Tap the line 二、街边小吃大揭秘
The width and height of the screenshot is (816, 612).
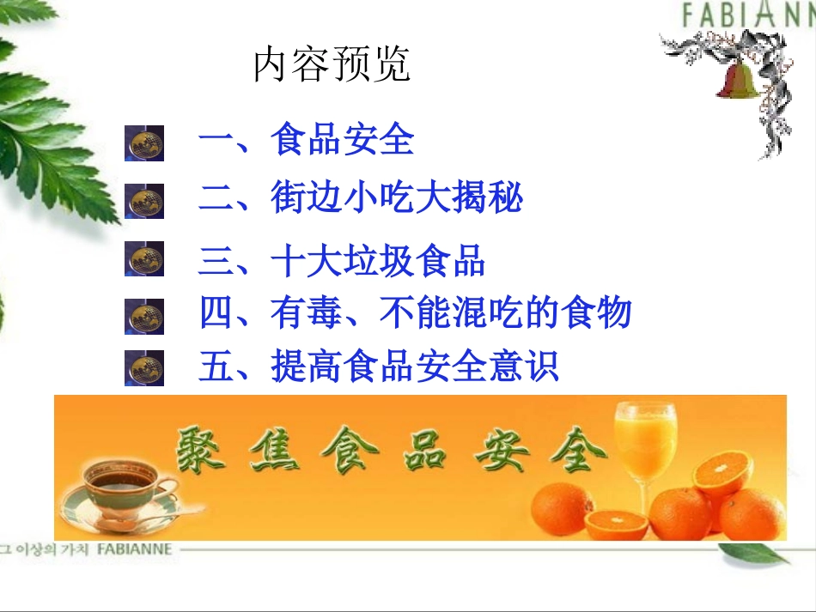tap(360, 199)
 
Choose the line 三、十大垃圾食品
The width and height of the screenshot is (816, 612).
tap(342, 261)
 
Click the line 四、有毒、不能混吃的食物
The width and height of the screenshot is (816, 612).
tap(415, 312)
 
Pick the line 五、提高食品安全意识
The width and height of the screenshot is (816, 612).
tap(379, 367)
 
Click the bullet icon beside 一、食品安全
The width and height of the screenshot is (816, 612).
tap(144, 142)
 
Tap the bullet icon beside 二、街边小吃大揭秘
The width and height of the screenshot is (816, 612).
tap(144, 202)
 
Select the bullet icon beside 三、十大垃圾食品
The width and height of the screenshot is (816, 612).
tap(144, 258)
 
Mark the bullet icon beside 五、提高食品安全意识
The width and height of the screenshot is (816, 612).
tap(144, 368)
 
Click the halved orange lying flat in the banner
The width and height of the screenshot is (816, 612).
tap(616, 523)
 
